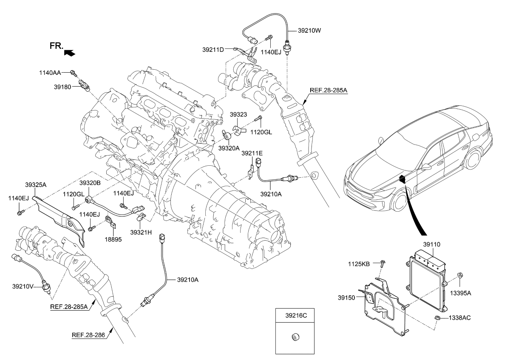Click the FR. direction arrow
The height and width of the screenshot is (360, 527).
pos(69,52)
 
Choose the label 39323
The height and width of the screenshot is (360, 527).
pos(238,115)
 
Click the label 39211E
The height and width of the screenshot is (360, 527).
pos(252,153)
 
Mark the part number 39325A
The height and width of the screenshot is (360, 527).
pos(36,185)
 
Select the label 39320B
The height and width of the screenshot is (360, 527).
pos(90,183)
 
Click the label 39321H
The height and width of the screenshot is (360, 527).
pos(141,232)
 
